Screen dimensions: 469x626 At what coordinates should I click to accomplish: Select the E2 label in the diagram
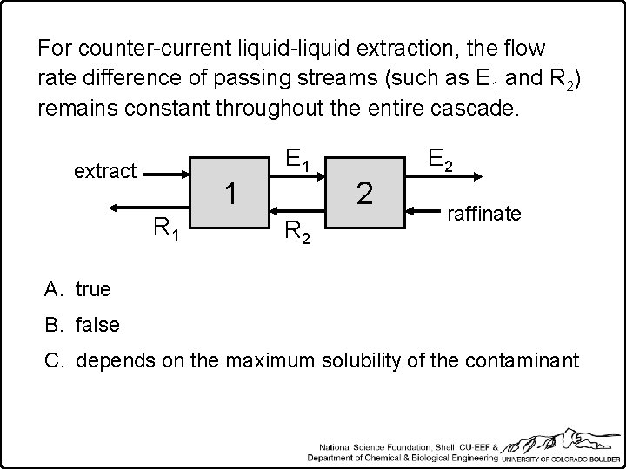point(436,159)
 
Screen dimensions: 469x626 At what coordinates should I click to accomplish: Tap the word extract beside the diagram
point(105,170)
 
